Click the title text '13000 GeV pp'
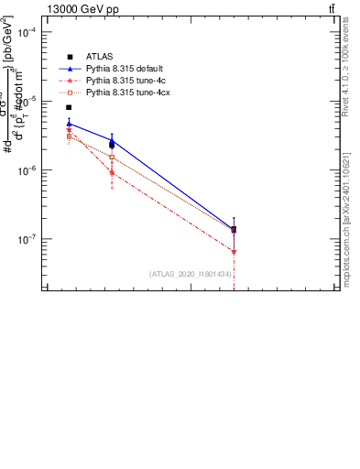(x=82, y=9)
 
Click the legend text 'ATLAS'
(x=99, y=57)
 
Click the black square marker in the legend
(x=70, y=57)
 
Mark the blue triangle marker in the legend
(x=70, y=69)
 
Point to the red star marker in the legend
(x=70, y=81)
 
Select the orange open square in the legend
(x=70, y=93)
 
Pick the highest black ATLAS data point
(x=69, y=107)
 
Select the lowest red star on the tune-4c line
(x=235, y=252)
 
